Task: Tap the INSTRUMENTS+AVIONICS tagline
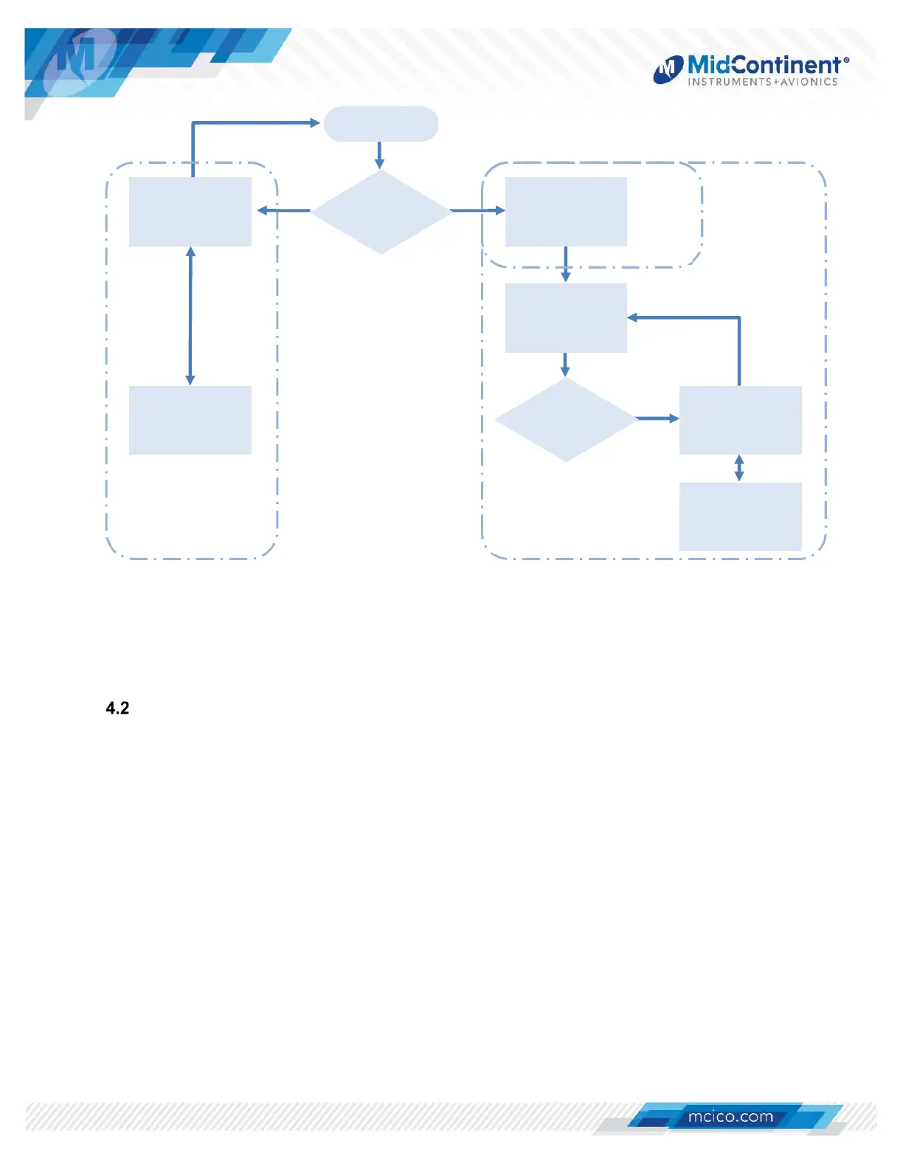(763, 82)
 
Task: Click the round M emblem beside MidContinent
(668, 69)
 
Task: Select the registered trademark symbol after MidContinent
(846, 61)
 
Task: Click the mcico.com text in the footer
(730, 1117)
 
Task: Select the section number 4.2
(118, 708)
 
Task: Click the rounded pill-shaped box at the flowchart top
(381, 124)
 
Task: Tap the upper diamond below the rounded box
(381, 212)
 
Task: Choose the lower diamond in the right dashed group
(566, 419)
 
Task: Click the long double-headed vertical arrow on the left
(190, 316)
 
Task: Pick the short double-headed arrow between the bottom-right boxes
(739, 468)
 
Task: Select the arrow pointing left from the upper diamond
(283, 211)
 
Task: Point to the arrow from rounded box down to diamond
(380, 155)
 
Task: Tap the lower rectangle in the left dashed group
(190, 420)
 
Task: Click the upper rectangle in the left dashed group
(190, 212)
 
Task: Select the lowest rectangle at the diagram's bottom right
(740, 517)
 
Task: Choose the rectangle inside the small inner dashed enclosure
(566, 212)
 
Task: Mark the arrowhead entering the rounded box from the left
(315, 123)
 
